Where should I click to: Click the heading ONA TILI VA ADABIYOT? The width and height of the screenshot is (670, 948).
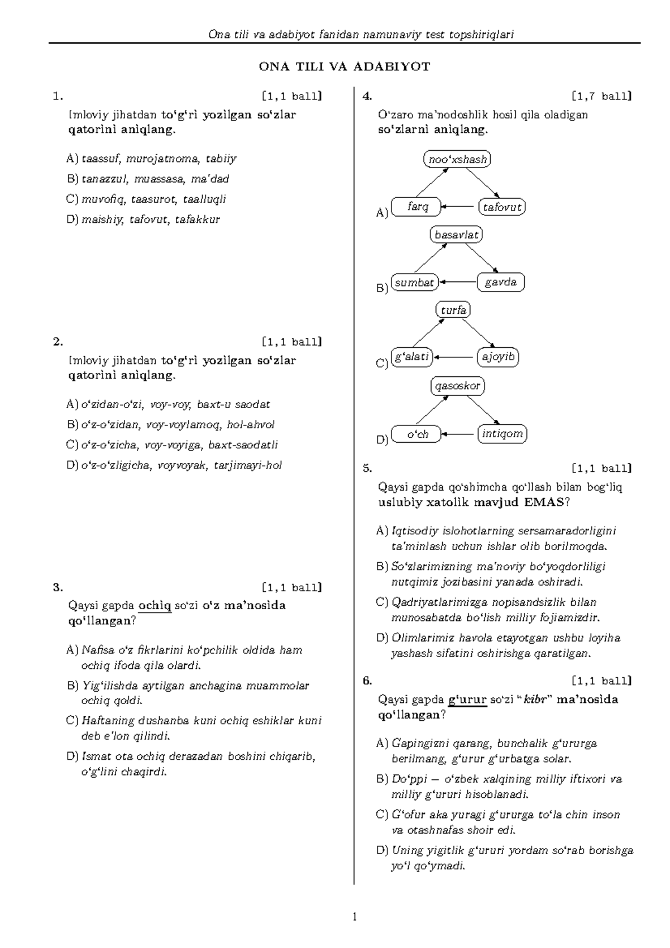click(344, 67)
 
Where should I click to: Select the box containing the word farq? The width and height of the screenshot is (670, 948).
click(417, 207)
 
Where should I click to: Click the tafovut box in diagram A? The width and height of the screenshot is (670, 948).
click(502, 207)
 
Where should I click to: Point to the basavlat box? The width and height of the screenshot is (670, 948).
click(457, 234)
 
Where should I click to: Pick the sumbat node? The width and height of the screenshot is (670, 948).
click(414, 283)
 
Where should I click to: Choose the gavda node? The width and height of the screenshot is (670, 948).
click(501, 283)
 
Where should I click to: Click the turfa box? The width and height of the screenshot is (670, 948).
click(453, 310)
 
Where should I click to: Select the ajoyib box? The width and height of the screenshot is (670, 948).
click(498, 357)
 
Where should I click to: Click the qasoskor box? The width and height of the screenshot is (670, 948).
click(457, 386)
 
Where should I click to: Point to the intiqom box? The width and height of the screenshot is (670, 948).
click(502, 434)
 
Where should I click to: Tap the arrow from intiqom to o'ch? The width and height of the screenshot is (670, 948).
click(458, 434)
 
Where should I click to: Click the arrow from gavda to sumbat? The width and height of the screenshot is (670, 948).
click(458, 283)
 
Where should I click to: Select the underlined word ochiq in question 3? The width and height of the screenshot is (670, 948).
click(155, 606)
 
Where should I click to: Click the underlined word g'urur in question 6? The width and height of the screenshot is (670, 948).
click(468, 700)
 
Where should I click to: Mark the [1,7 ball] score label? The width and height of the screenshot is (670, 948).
click(602, 96)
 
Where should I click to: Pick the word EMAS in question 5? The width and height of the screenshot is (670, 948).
click(544, 502)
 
